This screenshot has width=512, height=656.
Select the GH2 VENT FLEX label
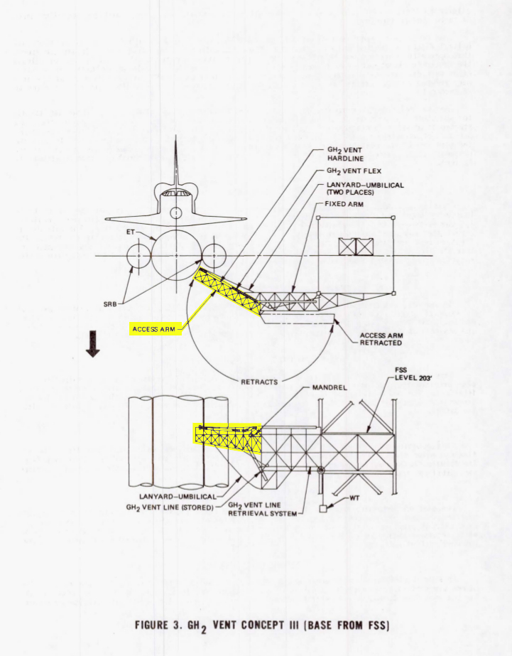pyautogui.click(x=354, y=171)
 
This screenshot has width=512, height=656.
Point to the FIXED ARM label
pyautogui.click(x=344, y=204)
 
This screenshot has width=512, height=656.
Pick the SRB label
pyautogui.click(x=110, y=304)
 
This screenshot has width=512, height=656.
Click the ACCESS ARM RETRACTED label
pyautogui.click(x=381, y=339)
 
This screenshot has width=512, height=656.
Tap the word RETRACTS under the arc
pyautogui.click(x=259, y=382)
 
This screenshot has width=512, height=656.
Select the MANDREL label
pyautogui.click(x=329, y=387)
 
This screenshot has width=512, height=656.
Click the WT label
pyautogui.click(x=354, y=498)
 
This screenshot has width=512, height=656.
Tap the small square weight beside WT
pyautogui.click(x=322, y=509)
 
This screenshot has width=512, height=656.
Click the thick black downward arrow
pyautogui.click(x=92, y=343)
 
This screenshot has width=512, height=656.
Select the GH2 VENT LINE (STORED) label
pyautogui.click(x=170, y=507)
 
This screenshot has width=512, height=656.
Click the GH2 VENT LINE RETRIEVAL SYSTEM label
pyautogui.click(x=262, y=509)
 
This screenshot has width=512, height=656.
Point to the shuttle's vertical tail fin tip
pyautogui.click(x=176, y=136)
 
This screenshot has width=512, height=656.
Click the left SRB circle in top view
pyautogui.click(x=138, y=256)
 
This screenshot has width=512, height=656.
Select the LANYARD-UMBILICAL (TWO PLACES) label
pyautogui.click(x=365, y=188)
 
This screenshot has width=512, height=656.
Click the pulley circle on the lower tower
pyautogui.click(x=321, y=470)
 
